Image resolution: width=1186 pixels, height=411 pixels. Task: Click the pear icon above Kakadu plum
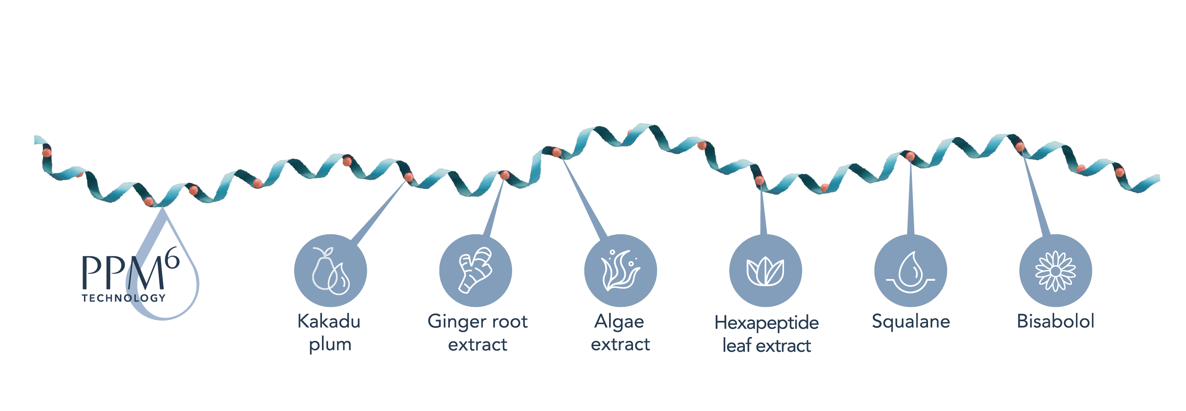[331, 270]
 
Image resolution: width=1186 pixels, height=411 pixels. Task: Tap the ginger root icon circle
[476, 270]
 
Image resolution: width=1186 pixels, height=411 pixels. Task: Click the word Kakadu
[329, 321]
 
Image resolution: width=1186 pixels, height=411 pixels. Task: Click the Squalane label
[911, 322]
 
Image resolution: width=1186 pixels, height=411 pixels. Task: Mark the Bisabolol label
[1055, 321]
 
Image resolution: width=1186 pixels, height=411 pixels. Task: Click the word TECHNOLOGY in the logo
[124, 298]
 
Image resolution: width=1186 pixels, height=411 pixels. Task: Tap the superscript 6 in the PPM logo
[172, 258]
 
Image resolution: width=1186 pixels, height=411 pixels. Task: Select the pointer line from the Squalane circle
[911, 195]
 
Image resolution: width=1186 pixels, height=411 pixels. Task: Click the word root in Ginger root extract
[508, 322]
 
